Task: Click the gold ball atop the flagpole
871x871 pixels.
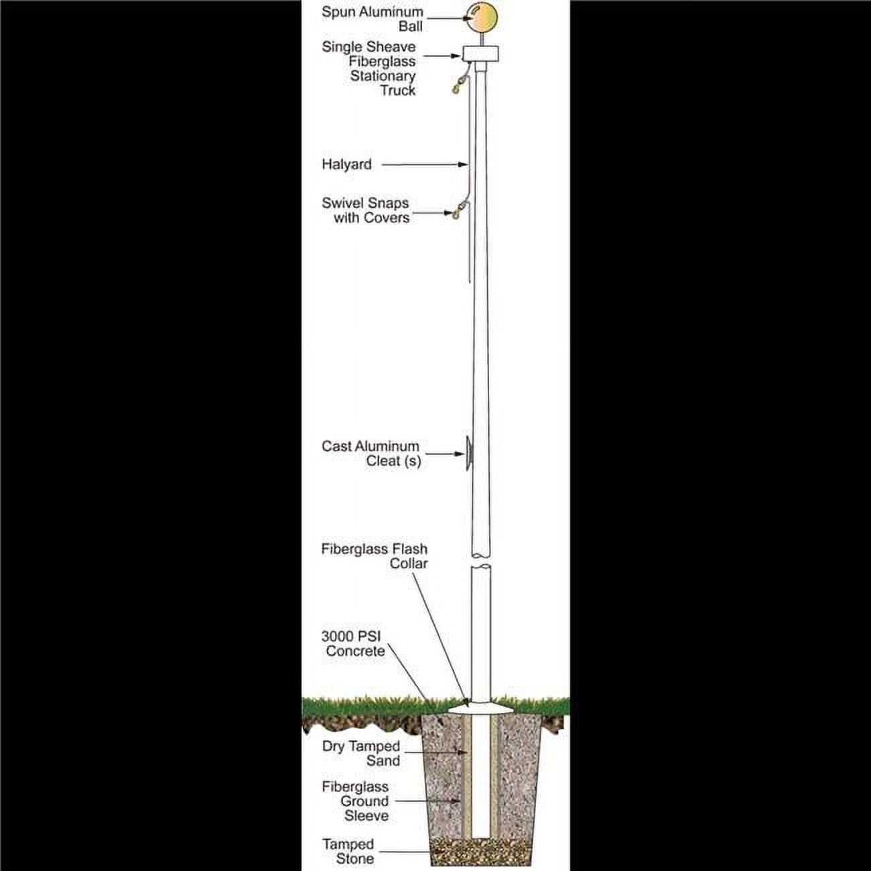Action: (482, 18)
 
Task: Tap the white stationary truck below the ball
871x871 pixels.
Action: (480, 54)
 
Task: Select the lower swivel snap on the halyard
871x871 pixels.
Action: (458, 210)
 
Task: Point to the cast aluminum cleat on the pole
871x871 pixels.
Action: (469, 454)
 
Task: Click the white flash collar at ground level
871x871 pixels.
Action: (481, 709)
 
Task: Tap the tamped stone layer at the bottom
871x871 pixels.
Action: (481, 852)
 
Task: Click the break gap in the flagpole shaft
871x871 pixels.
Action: (481, 561)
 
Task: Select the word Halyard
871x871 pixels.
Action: (346, 165)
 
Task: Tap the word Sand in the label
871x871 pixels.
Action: (383, 760)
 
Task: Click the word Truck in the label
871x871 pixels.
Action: (398, 90)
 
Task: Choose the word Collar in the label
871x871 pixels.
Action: (409, 563)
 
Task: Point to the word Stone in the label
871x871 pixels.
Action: (355, 859)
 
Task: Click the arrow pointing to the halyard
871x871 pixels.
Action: (425, 165)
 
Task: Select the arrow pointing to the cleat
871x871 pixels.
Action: (445, 454)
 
